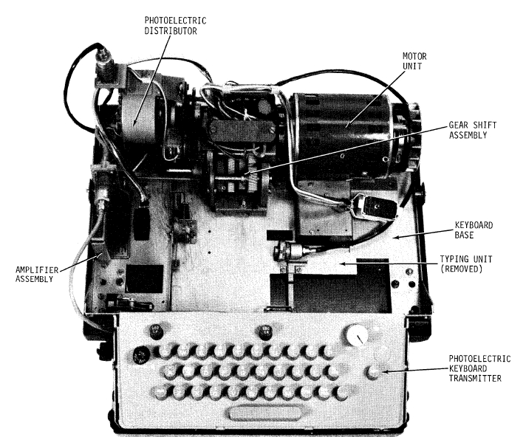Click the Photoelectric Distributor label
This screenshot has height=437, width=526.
(x=175, y=26)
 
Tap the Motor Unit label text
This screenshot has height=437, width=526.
(x=414, y=61)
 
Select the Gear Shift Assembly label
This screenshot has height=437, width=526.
(x=472, y=130)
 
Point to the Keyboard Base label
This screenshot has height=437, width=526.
(x=474, y=230)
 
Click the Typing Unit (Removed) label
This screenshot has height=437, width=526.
(x=466, y=264)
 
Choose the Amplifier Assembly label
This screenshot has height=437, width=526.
(x=36, y=275)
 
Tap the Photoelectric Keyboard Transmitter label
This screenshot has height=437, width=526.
(x=479, y=368)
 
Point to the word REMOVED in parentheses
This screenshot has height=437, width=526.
(x=461, y=269)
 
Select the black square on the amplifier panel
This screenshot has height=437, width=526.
(x=144, y=278)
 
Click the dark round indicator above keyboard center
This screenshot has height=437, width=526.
(x=266, y=331)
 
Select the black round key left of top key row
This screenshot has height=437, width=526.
(x=140, y=355)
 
